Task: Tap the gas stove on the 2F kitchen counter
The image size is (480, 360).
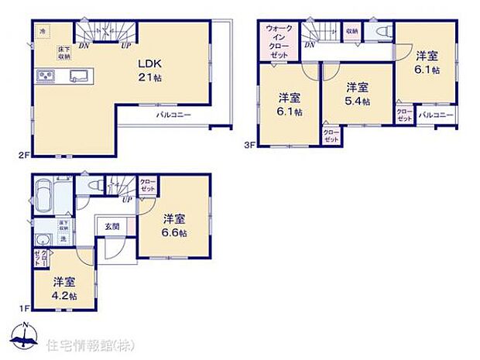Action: (43, 75)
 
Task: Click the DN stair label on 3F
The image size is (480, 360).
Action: (309, 46)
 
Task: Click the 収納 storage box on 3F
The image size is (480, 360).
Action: (352, 31)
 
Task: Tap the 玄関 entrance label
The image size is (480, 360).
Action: (112, 226)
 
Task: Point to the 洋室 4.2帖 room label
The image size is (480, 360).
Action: (65, 287)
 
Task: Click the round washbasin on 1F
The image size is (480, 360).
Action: (44, 239)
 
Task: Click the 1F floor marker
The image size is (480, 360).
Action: (24, 309)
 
